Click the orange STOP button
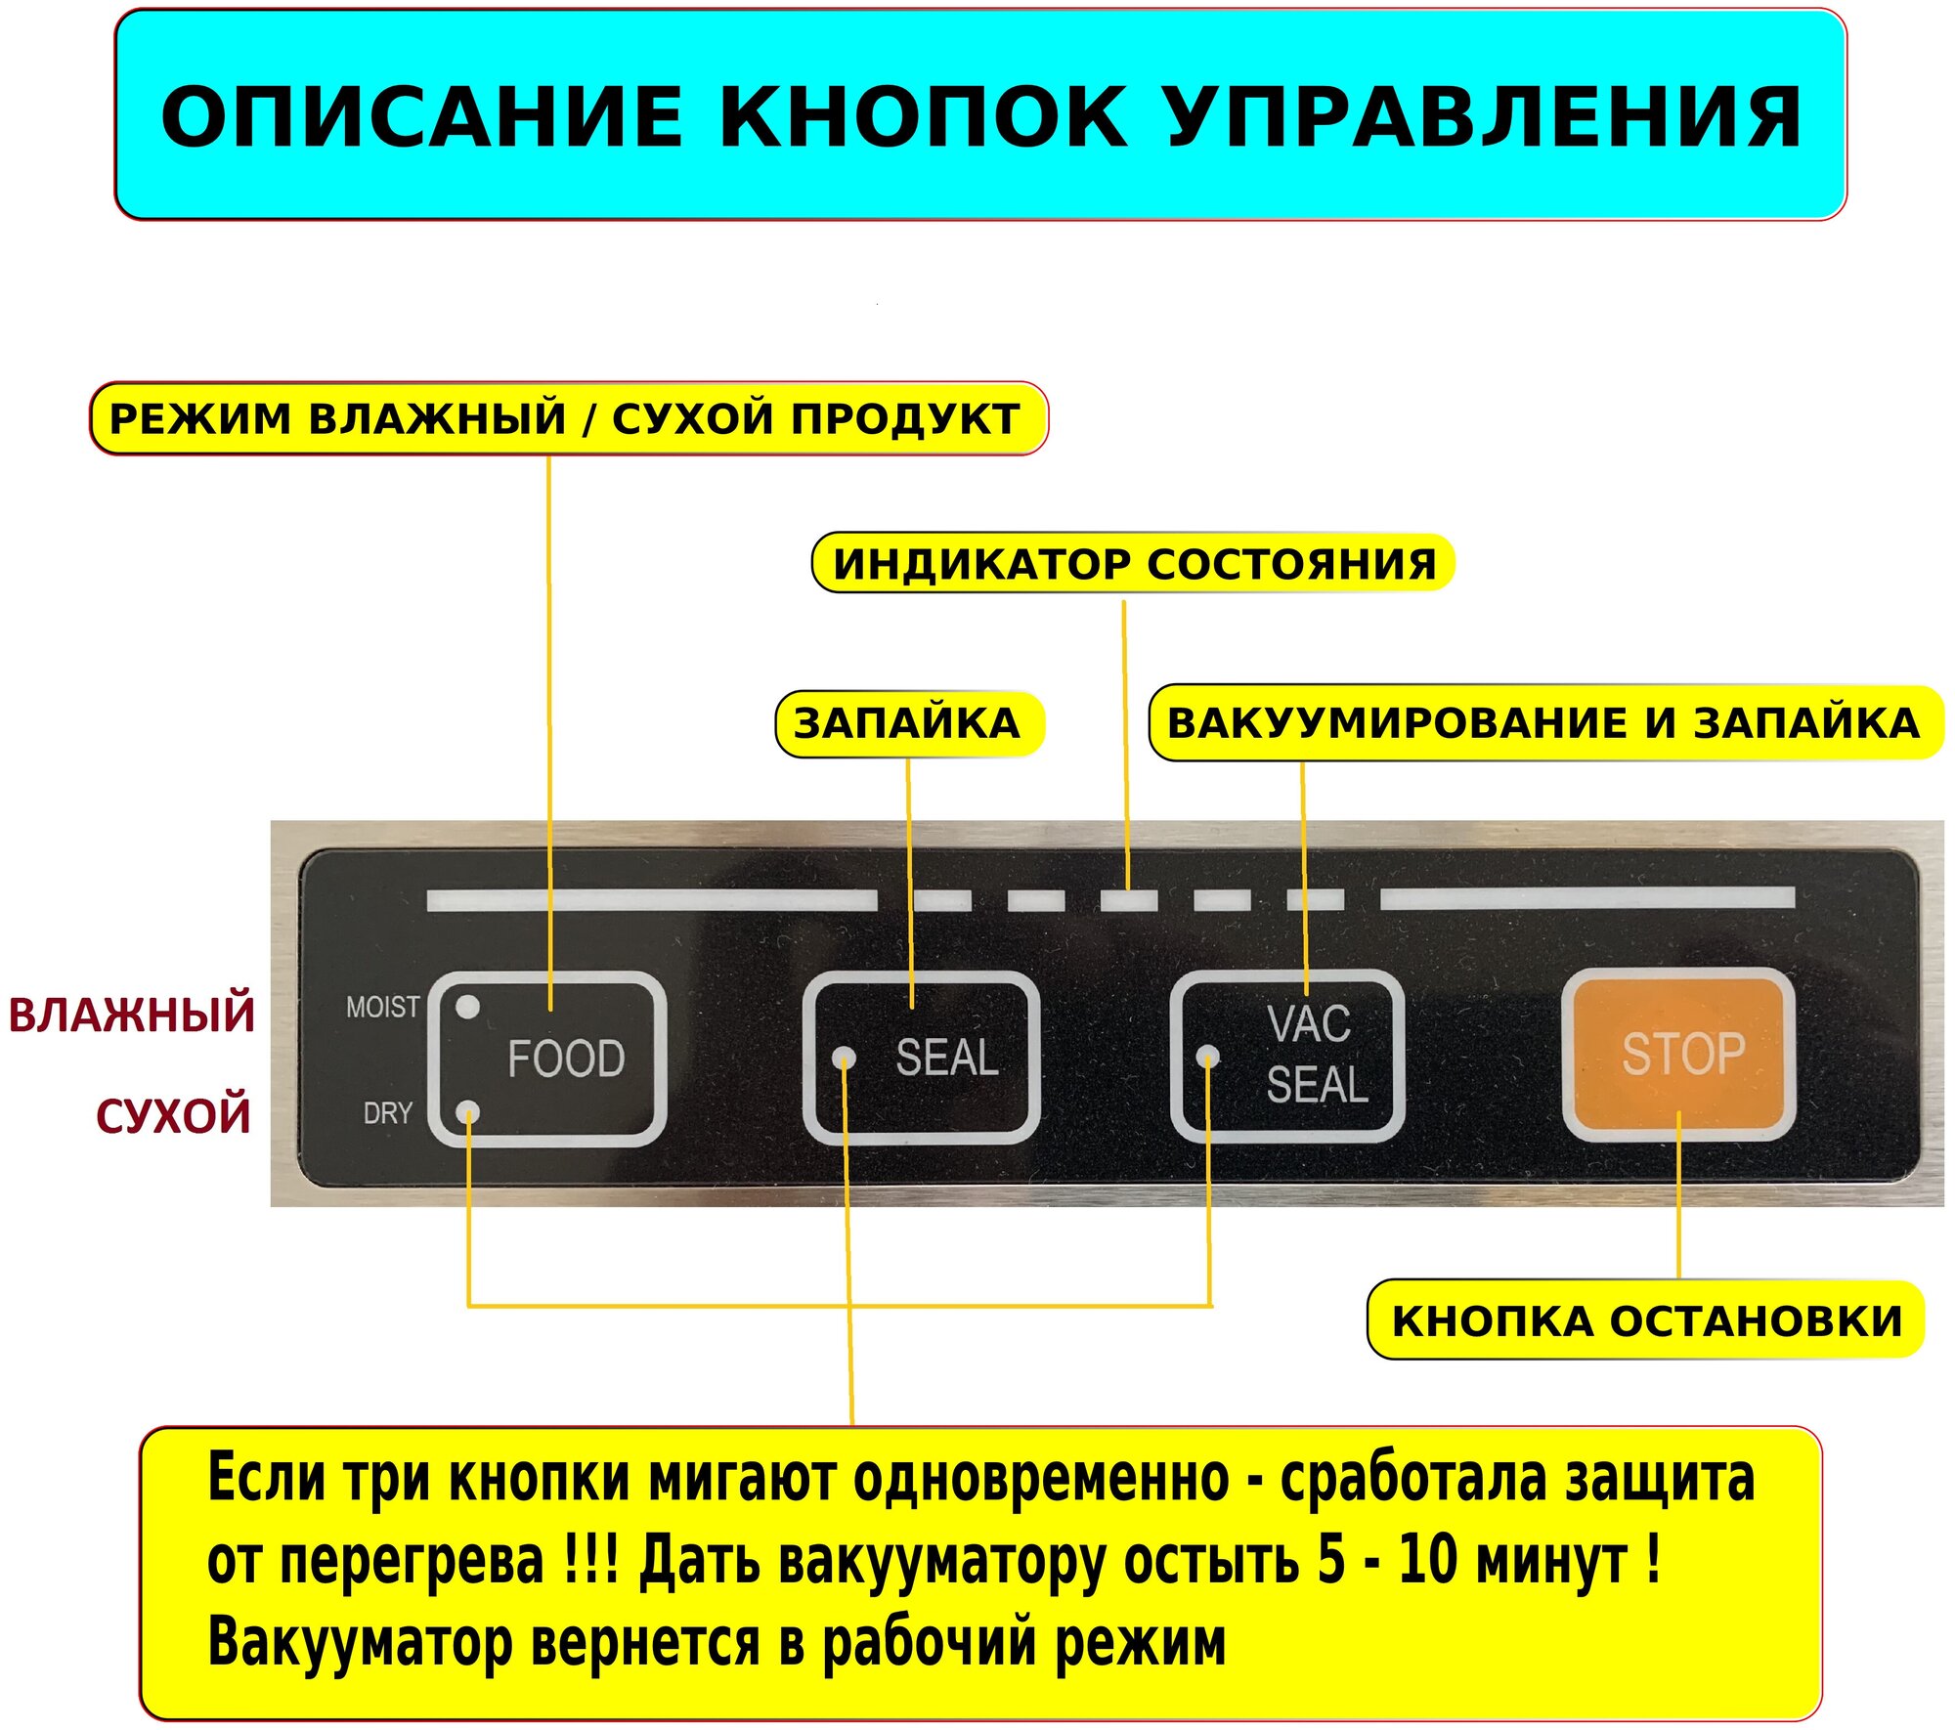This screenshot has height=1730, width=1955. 1678,1054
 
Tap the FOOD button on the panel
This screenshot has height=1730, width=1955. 547,1059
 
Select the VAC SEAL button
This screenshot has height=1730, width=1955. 1287,1056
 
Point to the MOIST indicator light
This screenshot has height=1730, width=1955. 468,1007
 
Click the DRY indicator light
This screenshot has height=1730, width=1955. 469,1112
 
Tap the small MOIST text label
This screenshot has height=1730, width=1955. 382,1007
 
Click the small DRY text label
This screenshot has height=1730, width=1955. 387,1112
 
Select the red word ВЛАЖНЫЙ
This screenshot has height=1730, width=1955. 132,1014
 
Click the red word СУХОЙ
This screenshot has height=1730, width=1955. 173,1115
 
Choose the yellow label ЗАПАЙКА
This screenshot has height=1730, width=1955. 907,724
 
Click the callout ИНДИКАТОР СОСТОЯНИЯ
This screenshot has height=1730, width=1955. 1134,564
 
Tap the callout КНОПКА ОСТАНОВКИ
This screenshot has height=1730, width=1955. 1647,1320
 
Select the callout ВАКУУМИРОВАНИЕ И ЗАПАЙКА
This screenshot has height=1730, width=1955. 1543,724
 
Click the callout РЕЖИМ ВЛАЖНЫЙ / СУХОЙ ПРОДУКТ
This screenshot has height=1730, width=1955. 566,419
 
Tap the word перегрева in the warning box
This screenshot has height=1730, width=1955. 411,1561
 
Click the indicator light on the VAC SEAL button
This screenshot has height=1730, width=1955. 1208,1057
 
